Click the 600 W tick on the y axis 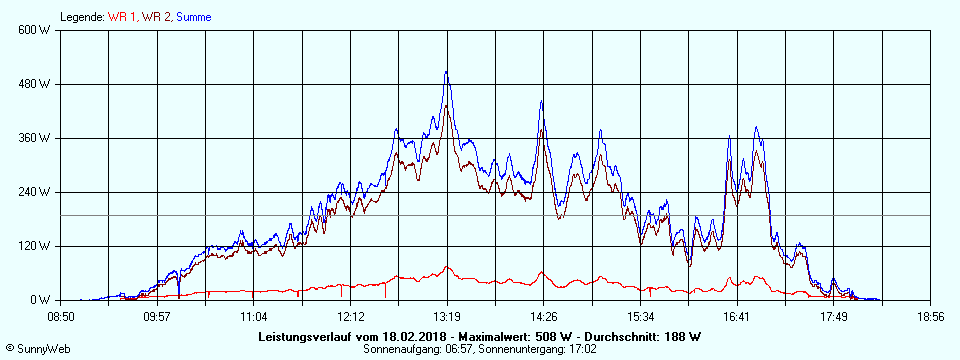coord(37,30)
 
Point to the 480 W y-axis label coord(37,84)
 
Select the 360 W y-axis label coord(37,138)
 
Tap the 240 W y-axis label coord(37,192)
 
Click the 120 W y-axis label coord(37,246)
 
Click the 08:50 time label coord(61,316)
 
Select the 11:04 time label coord(254,316)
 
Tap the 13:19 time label coord(447,316)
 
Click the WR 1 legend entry coord(122,17)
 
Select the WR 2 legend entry coord(157,17)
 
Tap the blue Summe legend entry coord(193,17)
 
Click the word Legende coord(81,17)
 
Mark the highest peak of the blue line coord(446,72)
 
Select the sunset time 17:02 coord(581,349)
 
